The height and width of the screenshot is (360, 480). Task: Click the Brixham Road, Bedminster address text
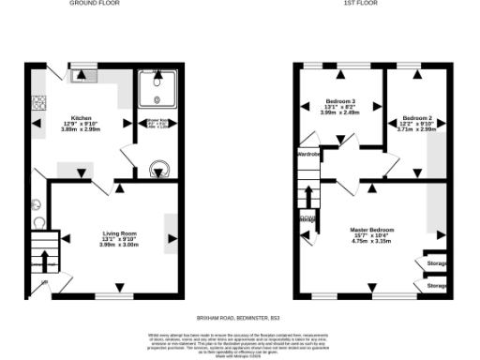[240, 319]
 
